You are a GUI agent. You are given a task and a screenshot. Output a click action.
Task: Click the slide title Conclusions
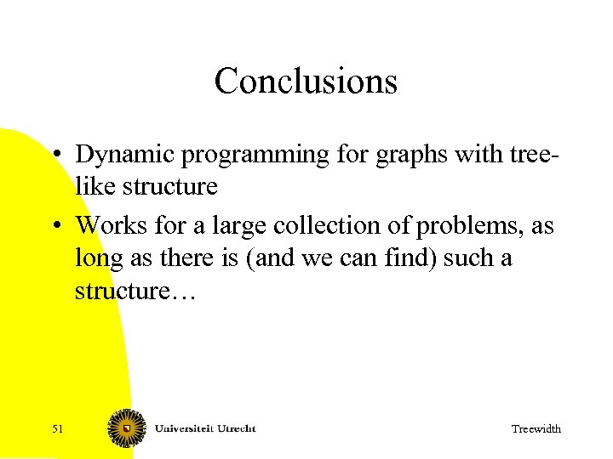306,82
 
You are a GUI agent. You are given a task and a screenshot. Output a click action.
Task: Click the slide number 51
57,429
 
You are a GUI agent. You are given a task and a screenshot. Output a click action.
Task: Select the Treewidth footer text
536,429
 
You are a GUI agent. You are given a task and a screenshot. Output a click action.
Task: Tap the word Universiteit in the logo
183,428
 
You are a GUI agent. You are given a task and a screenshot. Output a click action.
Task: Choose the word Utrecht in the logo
235,428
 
